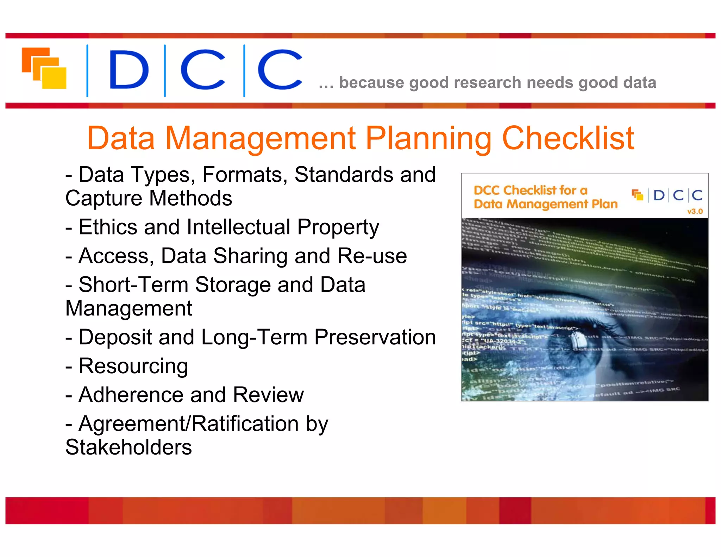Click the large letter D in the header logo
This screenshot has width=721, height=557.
pos(128,69)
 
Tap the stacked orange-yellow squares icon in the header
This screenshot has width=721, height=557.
pos(44,68)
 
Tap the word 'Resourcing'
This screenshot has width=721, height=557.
pos(133,366)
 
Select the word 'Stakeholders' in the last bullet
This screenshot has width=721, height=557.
pos(128,447)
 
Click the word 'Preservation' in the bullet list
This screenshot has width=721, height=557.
pos(375,337)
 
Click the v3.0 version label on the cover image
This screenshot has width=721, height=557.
pos(695,212)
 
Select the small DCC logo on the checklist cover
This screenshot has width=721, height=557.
pos(667,195)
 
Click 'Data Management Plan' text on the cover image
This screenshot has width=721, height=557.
pos(545,204)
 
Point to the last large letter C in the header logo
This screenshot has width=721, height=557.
pos(280,69)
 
